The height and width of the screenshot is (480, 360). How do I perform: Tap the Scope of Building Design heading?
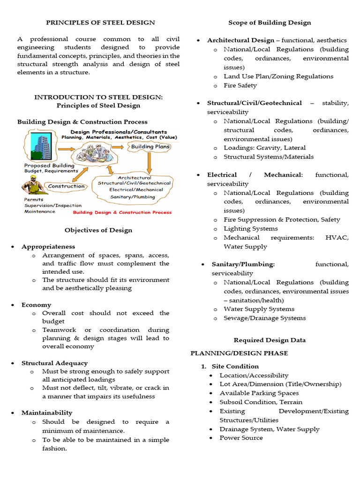(270, 22)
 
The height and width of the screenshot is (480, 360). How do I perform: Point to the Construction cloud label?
(67, 186)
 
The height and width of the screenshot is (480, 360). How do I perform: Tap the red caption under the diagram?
(122, 212)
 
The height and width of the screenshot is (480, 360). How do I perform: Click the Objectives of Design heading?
(98, 230)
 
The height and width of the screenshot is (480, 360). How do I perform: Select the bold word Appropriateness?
(48, 247)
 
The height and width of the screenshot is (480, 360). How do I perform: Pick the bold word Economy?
(36, 305)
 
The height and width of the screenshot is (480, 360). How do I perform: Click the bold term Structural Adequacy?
(54, 363)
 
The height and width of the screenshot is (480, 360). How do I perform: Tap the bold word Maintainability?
(47, 412)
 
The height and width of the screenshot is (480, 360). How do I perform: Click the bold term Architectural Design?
(240, 40)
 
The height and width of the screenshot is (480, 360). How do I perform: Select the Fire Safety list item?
(240, 85)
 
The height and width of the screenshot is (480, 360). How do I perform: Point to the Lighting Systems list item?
(250, 228)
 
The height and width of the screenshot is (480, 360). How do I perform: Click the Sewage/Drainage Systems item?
(264, 318)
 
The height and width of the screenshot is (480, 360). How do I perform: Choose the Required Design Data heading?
(270, 340)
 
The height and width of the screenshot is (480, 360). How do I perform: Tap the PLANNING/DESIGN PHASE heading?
(239, 353)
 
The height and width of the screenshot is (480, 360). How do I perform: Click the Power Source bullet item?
(241, 438)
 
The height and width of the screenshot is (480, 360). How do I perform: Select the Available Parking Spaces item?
(259, 393)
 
